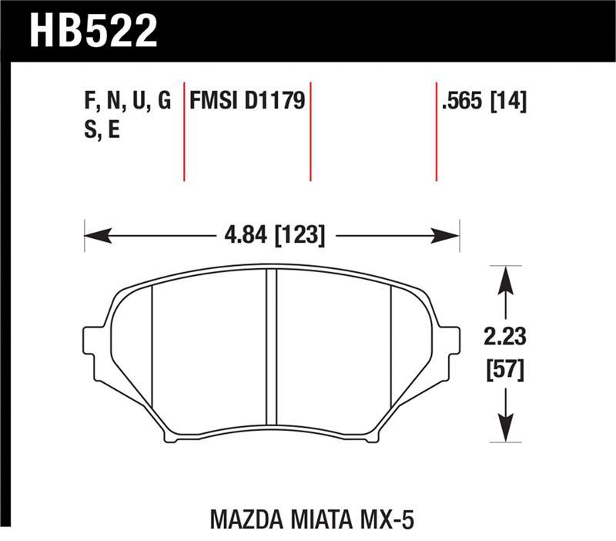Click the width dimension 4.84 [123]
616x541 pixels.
coord(273,234)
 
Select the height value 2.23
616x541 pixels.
coord(505,337)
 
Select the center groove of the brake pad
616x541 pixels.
coord(271,347)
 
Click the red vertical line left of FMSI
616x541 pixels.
coord(185,131)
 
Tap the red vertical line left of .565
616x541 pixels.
coord(437,131)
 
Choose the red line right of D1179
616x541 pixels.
coord(310,131)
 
